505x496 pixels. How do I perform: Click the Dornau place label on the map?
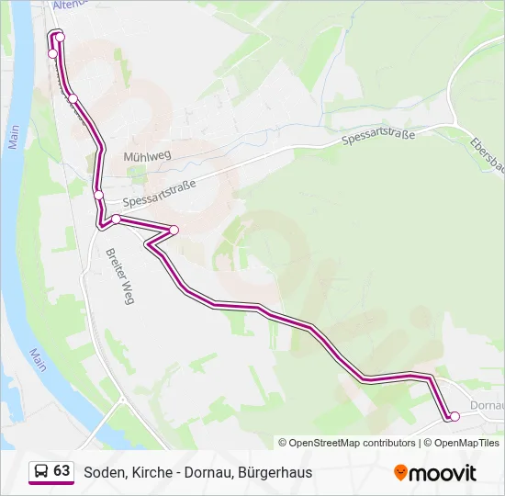(x=486, y=405)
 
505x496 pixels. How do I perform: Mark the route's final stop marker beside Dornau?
(x=454, y=417)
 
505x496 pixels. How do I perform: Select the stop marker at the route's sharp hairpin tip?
(x=174, y=230)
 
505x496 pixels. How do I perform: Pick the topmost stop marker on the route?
(x=60, y=37)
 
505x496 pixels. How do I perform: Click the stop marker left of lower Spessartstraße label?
(x=99, y=194)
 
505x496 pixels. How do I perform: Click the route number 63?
(x=62, y=471)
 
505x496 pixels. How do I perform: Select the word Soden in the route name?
(x=102, y=473)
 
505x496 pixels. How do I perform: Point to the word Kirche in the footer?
(x=146, y=473)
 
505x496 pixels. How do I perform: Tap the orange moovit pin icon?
(x=400, y=472)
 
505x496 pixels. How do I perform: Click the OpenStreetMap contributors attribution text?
(x=352, y=443)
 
